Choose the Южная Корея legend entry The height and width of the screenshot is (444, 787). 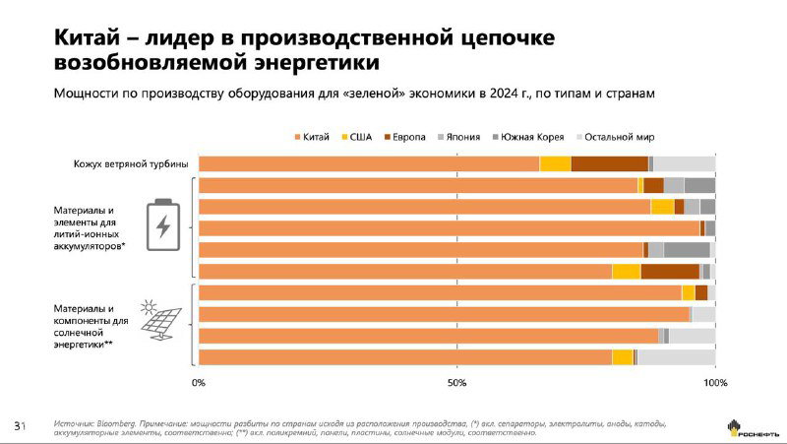click(528, 137)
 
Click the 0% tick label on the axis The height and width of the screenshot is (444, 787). click(199, 382)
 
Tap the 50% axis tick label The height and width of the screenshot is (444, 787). click(456, 382)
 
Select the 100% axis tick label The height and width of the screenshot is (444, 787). click(715, 382)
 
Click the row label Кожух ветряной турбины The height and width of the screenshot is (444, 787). click(131, 163)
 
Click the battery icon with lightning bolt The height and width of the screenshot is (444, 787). click(162, 225)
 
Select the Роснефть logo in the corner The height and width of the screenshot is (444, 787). click(749, 427)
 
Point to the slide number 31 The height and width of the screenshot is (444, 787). click(19, 425)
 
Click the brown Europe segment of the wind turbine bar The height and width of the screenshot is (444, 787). click(609, 163)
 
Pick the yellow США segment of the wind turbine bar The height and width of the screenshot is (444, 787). click(555, 163)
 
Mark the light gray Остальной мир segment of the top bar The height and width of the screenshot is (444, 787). click(684, 163)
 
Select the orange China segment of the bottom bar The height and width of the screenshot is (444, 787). click(404, 356)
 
